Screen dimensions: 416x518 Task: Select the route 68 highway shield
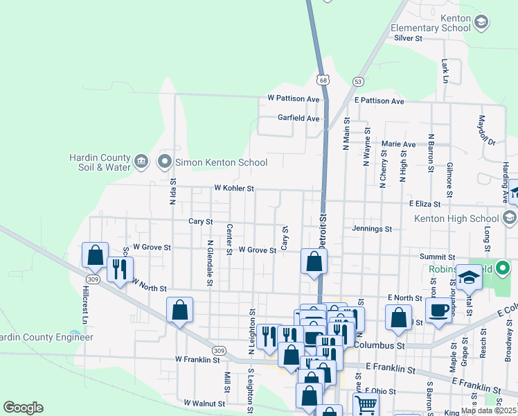pyautogui.click(x=323, y=80)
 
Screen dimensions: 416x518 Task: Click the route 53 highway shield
pyautogui.click(x=358, y=81)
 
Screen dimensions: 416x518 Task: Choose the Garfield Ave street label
pyautogui.click(x=298, y=119)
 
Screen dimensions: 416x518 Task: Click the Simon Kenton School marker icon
pyautogui.click(x=165, y=162)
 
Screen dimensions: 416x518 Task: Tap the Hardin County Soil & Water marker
pyautogui.click(x=141, y=162)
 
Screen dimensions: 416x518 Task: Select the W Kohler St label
pyautogui.click(x=234, y=188)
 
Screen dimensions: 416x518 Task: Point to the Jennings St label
pyautogui.click(x=372, y=228)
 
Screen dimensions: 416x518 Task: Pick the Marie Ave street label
pyautogui.click(x=398, y=144)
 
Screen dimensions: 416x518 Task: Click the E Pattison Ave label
pyautogui.click(x=379, y=101)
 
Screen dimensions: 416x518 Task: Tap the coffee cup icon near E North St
pyautogui.click(x=438, y=310)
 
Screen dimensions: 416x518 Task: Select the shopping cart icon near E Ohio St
pyautogui.click(x=366, y=405)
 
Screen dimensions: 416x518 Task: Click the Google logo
pyautogui.click(x=23, y=408)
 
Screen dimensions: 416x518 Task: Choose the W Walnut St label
pyautogui.click(x=204, y=403)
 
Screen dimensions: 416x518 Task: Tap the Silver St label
pyautogui.click(x=408, y=39)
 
